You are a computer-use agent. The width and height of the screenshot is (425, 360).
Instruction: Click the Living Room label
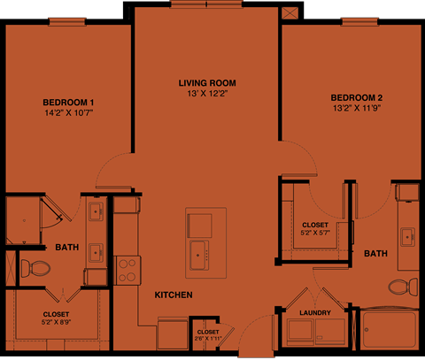(207, 83)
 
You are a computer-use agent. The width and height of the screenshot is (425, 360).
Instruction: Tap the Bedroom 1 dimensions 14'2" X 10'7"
(66, 112)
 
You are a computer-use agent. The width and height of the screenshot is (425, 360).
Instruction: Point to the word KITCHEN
(174, 295)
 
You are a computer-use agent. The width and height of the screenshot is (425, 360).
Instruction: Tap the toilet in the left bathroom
(35, 267)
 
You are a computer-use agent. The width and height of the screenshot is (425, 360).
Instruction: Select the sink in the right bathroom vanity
(408, 237)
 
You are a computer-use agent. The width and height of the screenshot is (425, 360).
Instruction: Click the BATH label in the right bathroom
(375, 254)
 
